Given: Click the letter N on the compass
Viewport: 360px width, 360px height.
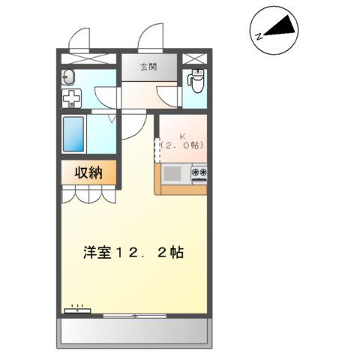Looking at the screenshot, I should (258, 34).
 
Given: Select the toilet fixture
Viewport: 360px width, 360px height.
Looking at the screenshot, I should (197, 79).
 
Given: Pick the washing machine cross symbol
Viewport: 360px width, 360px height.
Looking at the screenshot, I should (70, 99).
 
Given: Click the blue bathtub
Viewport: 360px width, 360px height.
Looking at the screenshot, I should (75, 135).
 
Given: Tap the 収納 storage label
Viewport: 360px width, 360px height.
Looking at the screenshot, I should (88, 172).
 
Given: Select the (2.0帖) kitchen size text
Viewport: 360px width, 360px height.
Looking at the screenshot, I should (182, 145).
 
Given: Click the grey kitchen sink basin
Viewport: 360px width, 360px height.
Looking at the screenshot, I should (172, 173).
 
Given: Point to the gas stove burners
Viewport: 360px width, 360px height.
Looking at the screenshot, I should (199, 173).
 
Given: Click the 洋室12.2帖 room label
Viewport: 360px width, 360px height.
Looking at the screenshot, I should (133, 252).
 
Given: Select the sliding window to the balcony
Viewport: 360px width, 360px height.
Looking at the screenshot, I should (135, 315).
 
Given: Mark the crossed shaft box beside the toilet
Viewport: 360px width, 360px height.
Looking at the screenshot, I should (193, 58).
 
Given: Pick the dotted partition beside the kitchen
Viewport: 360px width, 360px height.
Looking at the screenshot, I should (157, 147).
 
